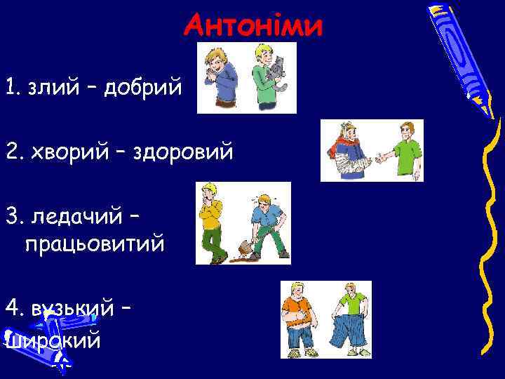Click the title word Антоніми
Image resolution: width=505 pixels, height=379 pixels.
(253, 27)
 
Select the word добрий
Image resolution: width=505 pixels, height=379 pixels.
(144, 89)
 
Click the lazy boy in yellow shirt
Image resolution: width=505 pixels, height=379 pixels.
(211, 221)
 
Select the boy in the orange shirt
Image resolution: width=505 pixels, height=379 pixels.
(297, 316)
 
